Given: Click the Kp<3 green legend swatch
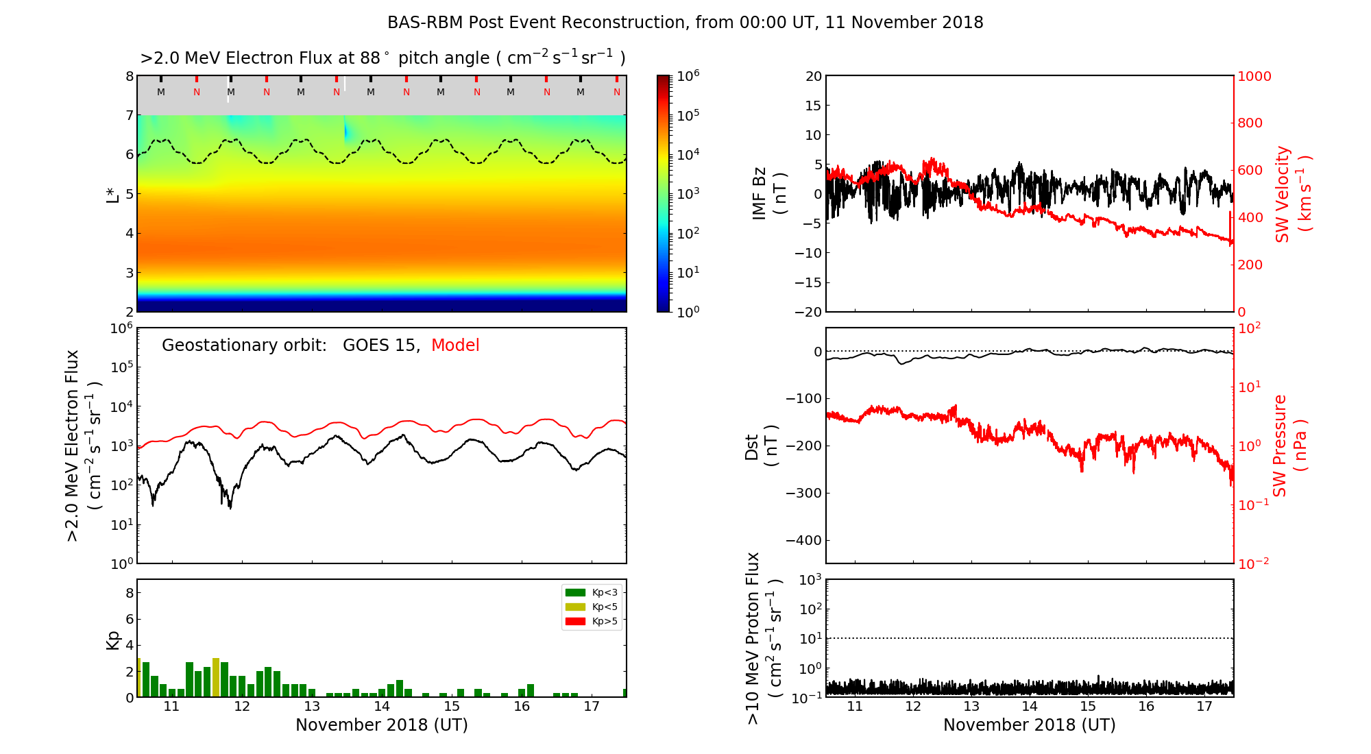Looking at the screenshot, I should click(575, 592).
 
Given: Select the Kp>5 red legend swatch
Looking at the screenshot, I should click(575, 622).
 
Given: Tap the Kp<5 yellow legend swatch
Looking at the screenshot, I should click(575, 607).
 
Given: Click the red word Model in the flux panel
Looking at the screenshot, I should click(455, 345).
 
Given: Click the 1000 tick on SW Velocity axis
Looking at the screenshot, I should click(1254, 76).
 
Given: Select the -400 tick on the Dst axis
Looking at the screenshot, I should click(804, 540).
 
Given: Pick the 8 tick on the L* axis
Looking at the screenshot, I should click(130, 76).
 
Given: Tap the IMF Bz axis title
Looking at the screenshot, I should click(769, 193).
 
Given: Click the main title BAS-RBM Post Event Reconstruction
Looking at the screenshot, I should click(685, 23).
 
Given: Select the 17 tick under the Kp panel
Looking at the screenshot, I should click(592, 707).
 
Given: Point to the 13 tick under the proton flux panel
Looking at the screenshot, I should click(971, 707).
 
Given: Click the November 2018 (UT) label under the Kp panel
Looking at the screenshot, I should click(382, 725).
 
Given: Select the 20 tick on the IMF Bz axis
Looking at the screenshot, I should click(813, 76).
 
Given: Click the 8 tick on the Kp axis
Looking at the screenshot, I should click(130, 593).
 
